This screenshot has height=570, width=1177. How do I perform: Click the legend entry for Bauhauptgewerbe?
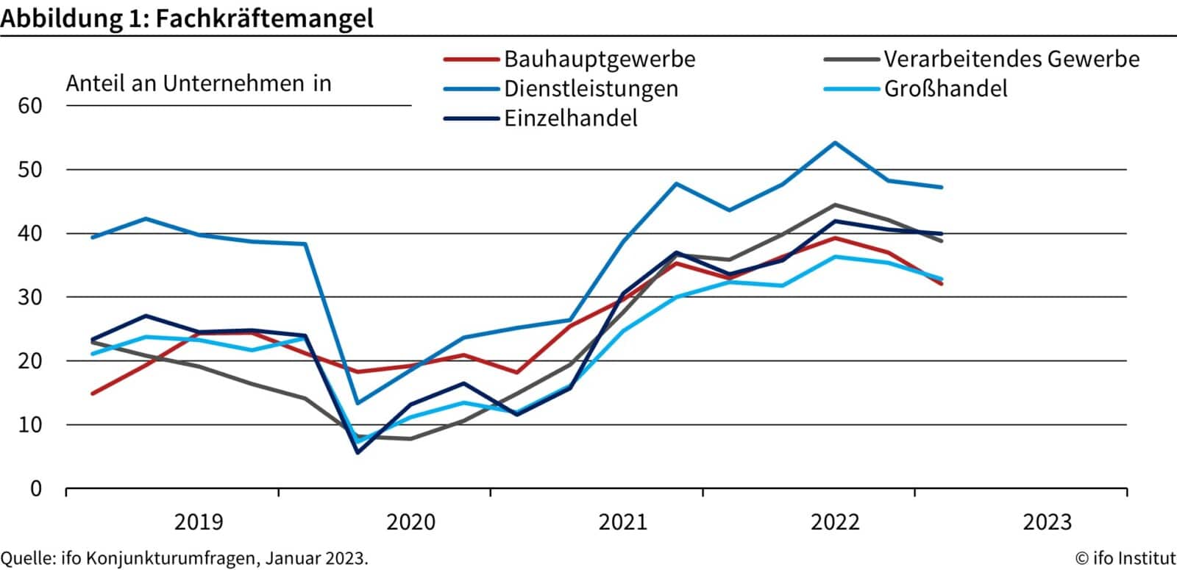coord(599,59)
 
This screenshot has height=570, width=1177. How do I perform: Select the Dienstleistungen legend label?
coord(591,89)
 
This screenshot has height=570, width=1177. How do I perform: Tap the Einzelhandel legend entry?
coord(570,118)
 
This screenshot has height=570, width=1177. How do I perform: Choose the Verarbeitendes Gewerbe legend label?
coord(1011,59)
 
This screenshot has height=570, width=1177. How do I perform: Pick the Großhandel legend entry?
coord(945,89)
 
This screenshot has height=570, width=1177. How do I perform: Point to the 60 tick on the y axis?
coord(30,106)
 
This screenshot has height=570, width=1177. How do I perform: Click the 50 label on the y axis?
coord(30,170)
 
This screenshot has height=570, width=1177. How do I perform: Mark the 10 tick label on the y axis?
coord(30,425)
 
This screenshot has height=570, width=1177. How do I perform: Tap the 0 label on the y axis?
coord(36,489)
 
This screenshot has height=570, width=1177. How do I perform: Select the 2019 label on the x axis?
coord(199,523)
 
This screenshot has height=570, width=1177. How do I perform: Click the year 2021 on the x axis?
coord(623,523)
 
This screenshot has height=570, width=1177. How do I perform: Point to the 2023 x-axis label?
coord(1048,523)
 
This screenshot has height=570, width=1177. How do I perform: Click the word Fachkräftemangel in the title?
coord(265,18)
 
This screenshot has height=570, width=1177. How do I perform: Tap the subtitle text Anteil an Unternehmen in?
coord(199,84)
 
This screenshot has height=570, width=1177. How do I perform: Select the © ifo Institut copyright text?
coord(1125,558)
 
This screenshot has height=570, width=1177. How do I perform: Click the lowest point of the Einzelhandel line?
coord(358,452)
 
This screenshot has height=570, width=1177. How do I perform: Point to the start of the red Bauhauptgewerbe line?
coord(93,393)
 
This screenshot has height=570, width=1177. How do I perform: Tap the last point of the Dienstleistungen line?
coord(942,187)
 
